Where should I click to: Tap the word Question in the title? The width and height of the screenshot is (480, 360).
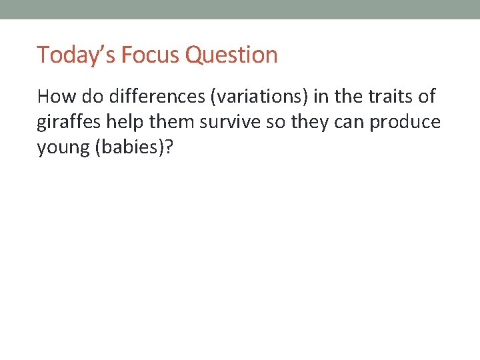click(x=231, y=55)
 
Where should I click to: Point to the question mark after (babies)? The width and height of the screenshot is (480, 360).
click(x=167, y=148)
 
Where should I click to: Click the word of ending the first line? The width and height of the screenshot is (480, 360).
click(x=425, y=97)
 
